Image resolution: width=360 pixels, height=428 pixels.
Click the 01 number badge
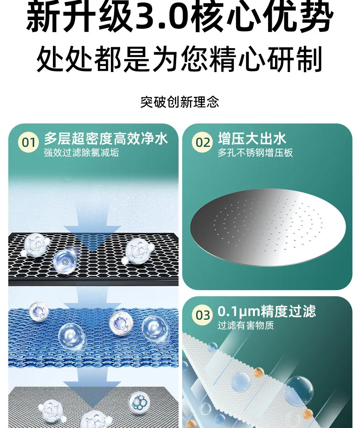28,142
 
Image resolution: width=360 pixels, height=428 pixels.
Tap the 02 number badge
202,142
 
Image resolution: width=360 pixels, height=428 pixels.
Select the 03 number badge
202,315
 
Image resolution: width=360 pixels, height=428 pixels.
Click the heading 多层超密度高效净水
106,138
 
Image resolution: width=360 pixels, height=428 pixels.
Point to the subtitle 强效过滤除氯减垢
81,153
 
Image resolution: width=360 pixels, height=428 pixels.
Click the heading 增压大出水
252,138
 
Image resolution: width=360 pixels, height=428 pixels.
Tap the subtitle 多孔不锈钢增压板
255,153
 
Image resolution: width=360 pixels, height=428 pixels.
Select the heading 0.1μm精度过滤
267,311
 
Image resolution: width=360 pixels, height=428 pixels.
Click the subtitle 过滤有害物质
246,325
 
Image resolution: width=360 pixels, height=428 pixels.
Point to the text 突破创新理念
180,102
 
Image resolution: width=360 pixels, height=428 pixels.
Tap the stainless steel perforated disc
268,227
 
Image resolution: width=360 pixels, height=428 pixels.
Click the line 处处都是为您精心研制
180,59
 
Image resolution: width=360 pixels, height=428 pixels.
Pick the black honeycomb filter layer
93,259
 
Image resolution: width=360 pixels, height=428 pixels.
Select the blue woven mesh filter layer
93,337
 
